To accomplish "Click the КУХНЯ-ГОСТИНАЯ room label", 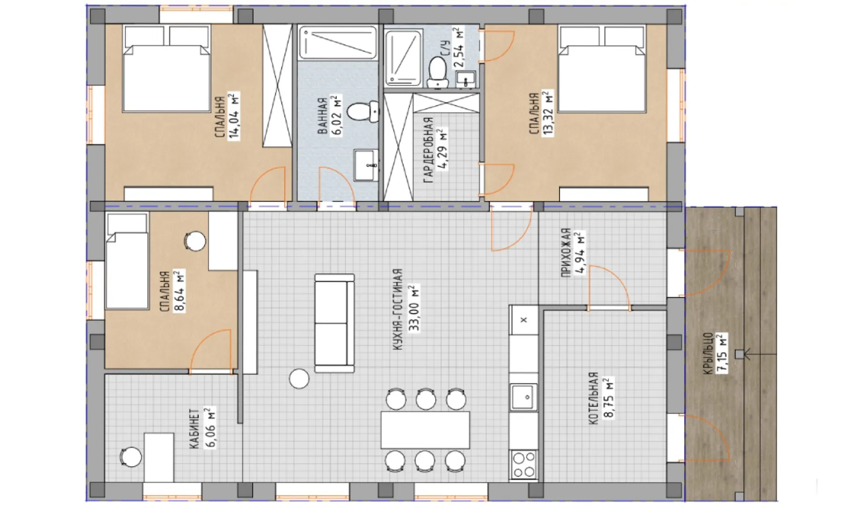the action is pyautogui.click(x=398, y=310).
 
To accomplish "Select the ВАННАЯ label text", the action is pyautogui.click(x=322, y=116).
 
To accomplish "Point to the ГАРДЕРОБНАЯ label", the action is pyautogui.click(x=428, y=150).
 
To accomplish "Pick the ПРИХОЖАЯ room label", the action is pyautogui.click(x=566, y=253).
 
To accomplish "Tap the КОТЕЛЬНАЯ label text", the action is pyautogui.click(x=593, y=399).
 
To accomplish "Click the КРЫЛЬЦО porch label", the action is pyautogui.click(x=708, y=354).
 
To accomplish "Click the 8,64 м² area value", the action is pyautogui.click(x=179, y=291).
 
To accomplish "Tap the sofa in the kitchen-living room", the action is pyautogui.click(x=334, y=323).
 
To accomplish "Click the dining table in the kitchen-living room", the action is pyautogui.click(x=425, y=430).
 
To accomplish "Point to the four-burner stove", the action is pyautogui.click(x=524, y=464).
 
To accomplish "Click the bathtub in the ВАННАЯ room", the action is pyautogui.click(x=338, y=43).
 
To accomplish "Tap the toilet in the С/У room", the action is pyautogui.click(x=438, y=73).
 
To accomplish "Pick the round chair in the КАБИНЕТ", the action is pyautogui.click(x=131, y=457).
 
